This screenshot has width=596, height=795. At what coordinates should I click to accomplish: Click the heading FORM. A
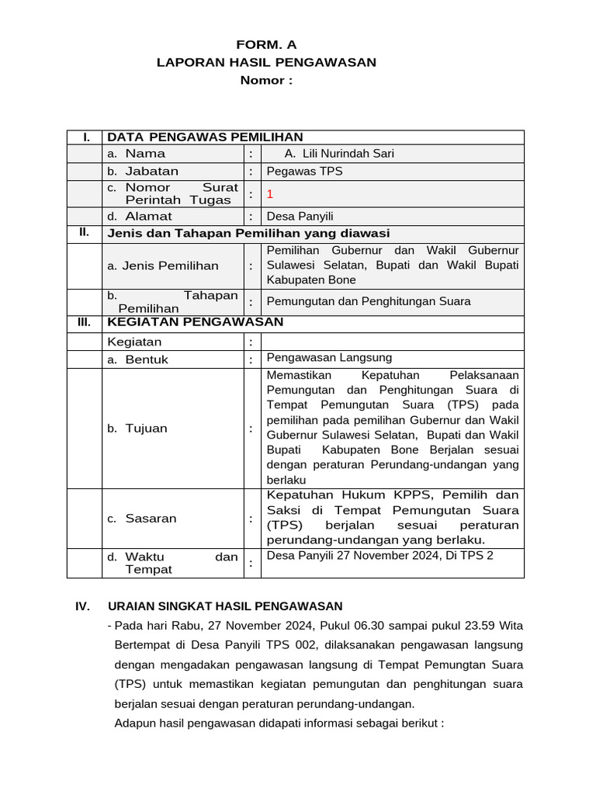point(266,44)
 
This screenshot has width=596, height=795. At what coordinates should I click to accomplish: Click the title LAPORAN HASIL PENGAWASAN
point(266,62)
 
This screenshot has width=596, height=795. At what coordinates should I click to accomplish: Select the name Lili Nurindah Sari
point(339,154)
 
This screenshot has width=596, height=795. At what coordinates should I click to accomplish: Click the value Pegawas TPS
point(304,171)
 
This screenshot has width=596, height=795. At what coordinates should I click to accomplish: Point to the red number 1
point(270,194)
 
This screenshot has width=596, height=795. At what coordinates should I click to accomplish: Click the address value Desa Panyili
point(300,217)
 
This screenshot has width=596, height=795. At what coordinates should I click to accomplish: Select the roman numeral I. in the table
point(85,137)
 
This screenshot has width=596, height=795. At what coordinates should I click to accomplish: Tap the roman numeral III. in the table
point(84,322)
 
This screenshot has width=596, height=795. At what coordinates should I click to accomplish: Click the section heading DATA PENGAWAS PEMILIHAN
point(205,137)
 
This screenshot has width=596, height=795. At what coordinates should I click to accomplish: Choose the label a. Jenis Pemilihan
point(163,266)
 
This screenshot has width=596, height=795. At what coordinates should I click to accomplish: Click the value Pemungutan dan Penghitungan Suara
point(368,301)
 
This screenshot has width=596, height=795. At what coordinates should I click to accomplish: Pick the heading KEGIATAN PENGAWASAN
point(195,322)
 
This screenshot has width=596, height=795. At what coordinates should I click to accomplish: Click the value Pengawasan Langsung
point(329,358)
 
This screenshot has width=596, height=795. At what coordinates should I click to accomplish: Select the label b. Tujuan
point(137,429)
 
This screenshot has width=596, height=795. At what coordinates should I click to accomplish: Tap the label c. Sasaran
point(142,519)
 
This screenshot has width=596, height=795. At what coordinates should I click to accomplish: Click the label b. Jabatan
point(143,171)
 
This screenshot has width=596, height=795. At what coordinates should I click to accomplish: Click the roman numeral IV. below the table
point(83,606)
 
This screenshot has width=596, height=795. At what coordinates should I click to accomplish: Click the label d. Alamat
point(140,217)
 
